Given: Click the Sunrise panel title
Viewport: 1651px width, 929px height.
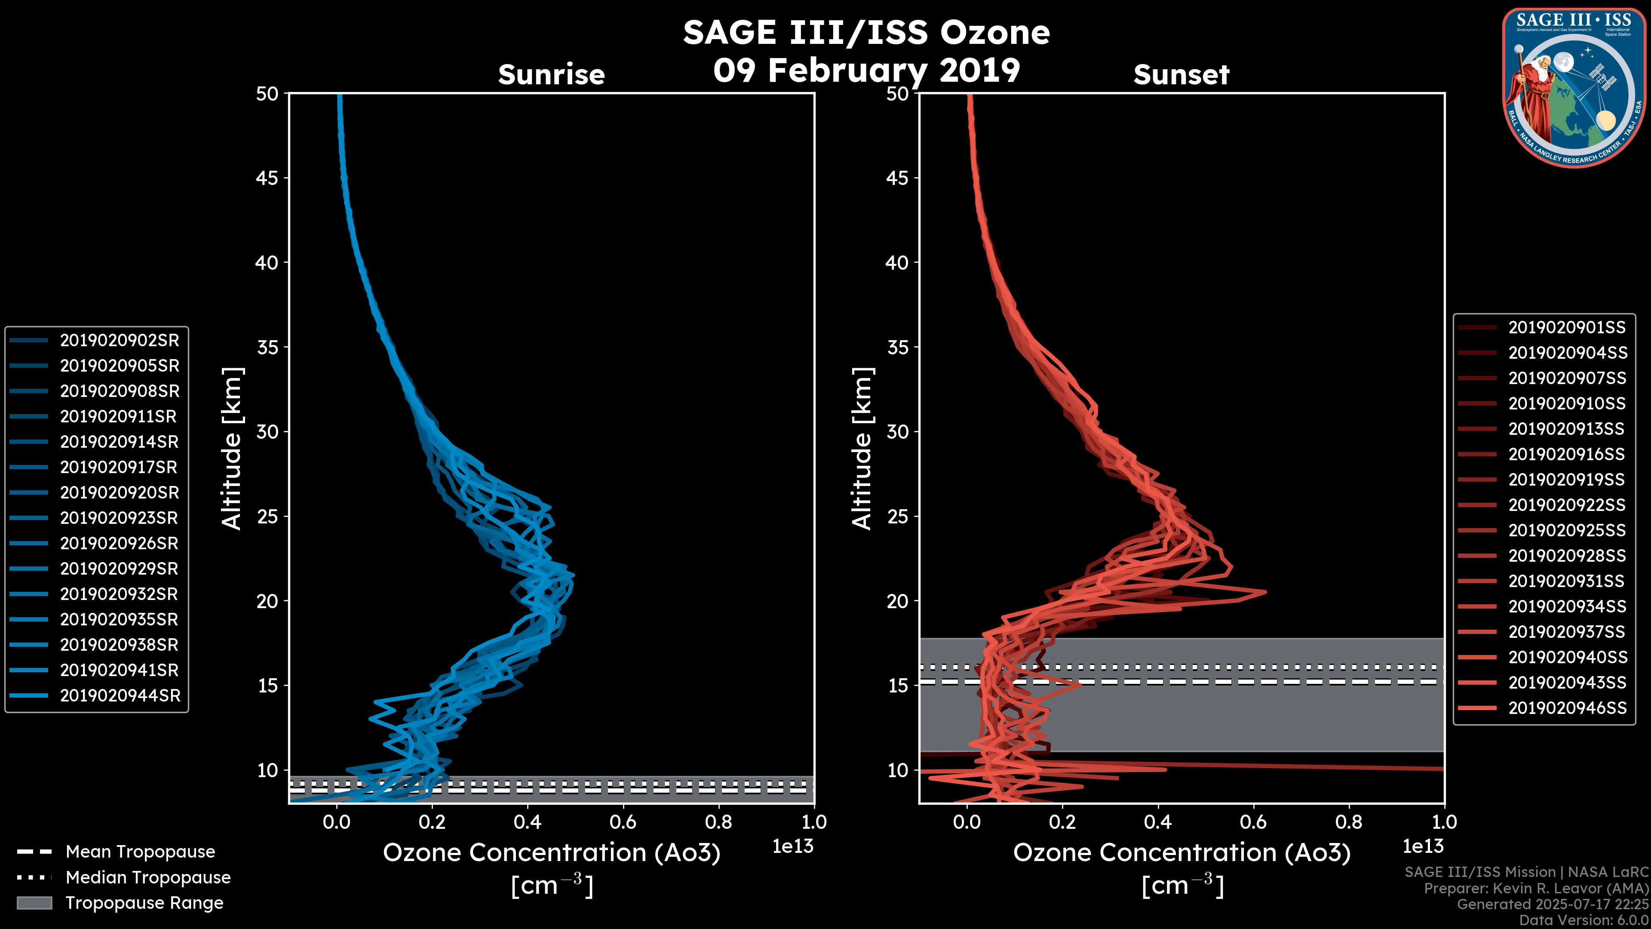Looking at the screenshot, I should click(551, 74).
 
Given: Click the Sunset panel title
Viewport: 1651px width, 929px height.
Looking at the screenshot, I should click(1181, 74).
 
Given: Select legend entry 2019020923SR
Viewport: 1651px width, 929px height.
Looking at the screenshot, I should click(119, 517).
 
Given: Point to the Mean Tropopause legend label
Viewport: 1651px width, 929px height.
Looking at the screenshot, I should click(140, 852).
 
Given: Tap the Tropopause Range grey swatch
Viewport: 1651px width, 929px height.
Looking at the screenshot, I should click(34, 903).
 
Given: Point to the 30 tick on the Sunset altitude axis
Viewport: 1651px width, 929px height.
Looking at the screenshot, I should click(897, 431).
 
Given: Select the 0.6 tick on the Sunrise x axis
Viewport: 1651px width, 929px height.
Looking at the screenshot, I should click(623, 821).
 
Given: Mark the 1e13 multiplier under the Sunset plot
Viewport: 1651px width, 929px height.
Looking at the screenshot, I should click(1423, 846).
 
